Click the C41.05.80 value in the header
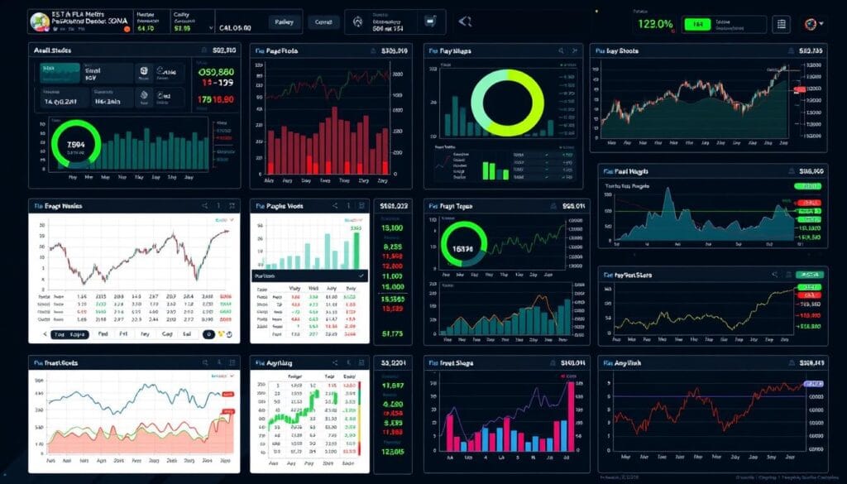point(236,26)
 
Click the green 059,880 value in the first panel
point(218,72)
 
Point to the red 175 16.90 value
point(217,99)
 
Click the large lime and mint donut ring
point(507,101)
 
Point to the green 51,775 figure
point(392,334)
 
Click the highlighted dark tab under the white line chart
point(70,335)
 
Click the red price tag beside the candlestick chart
point(799,89)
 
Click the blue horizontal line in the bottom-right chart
point(703,395)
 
